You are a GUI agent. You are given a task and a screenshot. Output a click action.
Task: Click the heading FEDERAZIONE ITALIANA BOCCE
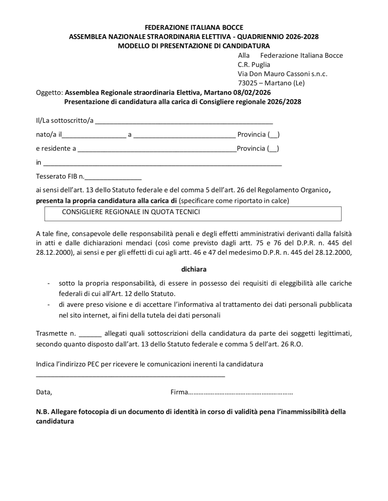(194, 28)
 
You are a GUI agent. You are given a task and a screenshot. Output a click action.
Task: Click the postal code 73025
(247, 83)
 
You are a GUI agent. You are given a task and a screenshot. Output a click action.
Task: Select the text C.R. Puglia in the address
(254, 65)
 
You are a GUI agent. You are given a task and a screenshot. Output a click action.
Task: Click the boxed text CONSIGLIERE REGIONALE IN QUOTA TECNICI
(131, 212)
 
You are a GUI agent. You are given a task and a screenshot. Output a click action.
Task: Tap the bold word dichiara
(194, 269)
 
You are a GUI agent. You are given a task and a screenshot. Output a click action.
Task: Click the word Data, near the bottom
(44, 392)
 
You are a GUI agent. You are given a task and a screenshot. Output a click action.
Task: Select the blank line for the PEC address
(130, 376)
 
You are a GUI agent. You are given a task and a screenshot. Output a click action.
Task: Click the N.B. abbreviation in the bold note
(43, 412)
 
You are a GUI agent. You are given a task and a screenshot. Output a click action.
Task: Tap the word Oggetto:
(49, 93)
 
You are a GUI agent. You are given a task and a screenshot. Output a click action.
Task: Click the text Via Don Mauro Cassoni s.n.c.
(282, 74)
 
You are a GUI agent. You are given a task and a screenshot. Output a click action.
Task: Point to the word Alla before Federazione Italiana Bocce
(244, 56)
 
